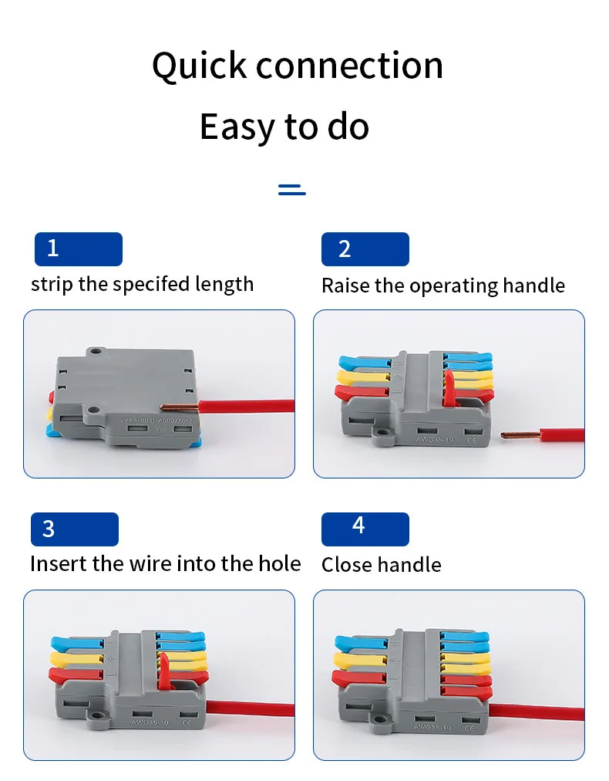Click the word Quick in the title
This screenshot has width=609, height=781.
(x=198, y=66)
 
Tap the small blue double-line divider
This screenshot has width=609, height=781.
(x=292, y=190)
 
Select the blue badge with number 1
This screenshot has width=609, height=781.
(x=78, y=248)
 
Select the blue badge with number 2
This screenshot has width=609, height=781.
(x=365, y=248)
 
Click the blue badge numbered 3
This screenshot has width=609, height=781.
(x=74, y=529)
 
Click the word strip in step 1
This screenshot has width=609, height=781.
(x=52, y=285)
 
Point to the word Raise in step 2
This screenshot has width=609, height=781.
(x=345, y=286)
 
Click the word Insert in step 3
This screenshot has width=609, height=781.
(x=57, y=564)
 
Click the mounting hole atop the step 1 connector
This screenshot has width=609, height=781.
(x=96, y=352)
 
